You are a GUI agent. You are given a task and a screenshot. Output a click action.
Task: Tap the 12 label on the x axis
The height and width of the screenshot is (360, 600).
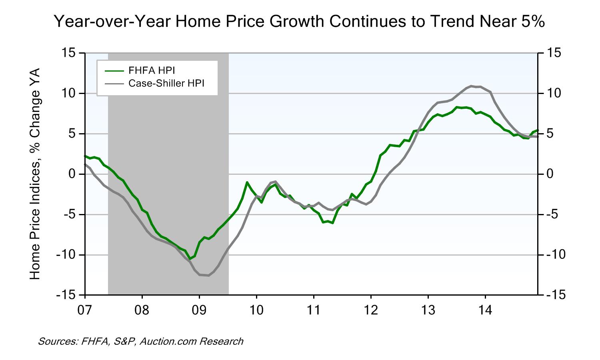coord(371,310)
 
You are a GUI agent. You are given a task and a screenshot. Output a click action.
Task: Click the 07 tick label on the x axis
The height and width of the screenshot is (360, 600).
coord(85,310)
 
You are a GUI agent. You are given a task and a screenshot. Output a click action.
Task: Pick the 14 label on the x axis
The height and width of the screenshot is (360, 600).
coord(485,310)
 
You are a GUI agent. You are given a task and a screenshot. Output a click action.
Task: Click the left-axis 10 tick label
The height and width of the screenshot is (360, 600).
coord(70,93)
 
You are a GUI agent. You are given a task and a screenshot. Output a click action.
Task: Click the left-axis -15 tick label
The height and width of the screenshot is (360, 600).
coord(68,295)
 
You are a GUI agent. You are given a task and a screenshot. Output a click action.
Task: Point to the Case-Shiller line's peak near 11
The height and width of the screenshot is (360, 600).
coord(471,86)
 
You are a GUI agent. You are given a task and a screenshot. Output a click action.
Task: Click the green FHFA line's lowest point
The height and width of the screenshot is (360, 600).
coord(189,258)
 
